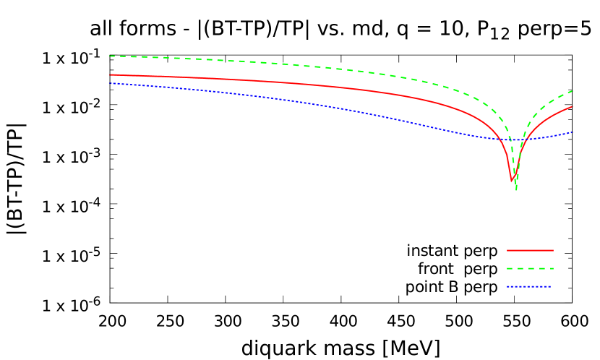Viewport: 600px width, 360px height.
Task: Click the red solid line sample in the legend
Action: (x=530, y=250)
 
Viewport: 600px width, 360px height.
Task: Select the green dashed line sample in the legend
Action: (x=530, y=268)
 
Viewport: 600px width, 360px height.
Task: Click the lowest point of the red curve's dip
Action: (x=512, y=181)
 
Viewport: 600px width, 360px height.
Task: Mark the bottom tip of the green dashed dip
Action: (x=516, y=190)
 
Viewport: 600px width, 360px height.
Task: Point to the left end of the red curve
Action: (x=110, y=74)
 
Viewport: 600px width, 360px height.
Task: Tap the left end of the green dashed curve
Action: (x=110, y=56)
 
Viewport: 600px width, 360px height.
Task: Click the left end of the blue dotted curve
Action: (x=110, y=83)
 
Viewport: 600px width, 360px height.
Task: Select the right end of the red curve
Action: (x=573, y=106)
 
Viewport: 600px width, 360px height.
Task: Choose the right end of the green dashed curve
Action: (x=573, y=90)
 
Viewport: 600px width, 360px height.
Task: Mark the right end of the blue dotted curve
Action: (x=573, y=132)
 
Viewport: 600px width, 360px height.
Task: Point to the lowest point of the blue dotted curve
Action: (x=515, y=140)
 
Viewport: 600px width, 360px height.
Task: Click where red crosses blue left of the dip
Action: (x=502, y=139)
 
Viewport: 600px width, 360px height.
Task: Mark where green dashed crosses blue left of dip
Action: (x=510, y=140)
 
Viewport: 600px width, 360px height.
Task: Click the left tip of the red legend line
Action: (x=507, y=250)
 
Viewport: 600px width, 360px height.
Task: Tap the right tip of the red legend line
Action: (x=553, y=250)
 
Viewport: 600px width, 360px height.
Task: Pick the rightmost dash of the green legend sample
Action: (x=550, y=268)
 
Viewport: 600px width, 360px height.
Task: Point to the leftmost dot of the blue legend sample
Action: (x=508, y=287)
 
